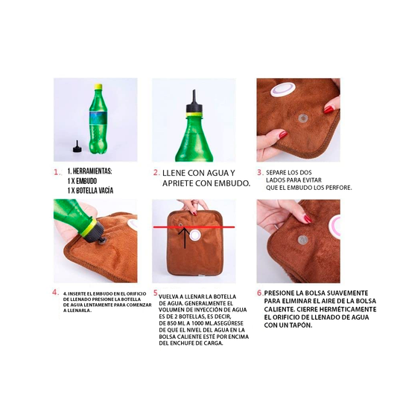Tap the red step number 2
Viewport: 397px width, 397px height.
(156, 171)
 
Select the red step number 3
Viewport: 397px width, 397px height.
(260, 171)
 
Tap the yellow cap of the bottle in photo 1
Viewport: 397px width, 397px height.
(97, 89)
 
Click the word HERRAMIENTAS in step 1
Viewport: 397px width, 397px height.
(93, 171)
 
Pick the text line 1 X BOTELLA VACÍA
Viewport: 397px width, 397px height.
(94, 191)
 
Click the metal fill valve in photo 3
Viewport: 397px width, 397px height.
(302, 118)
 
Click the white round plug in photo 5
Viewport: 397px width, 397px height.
(196, 235)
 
